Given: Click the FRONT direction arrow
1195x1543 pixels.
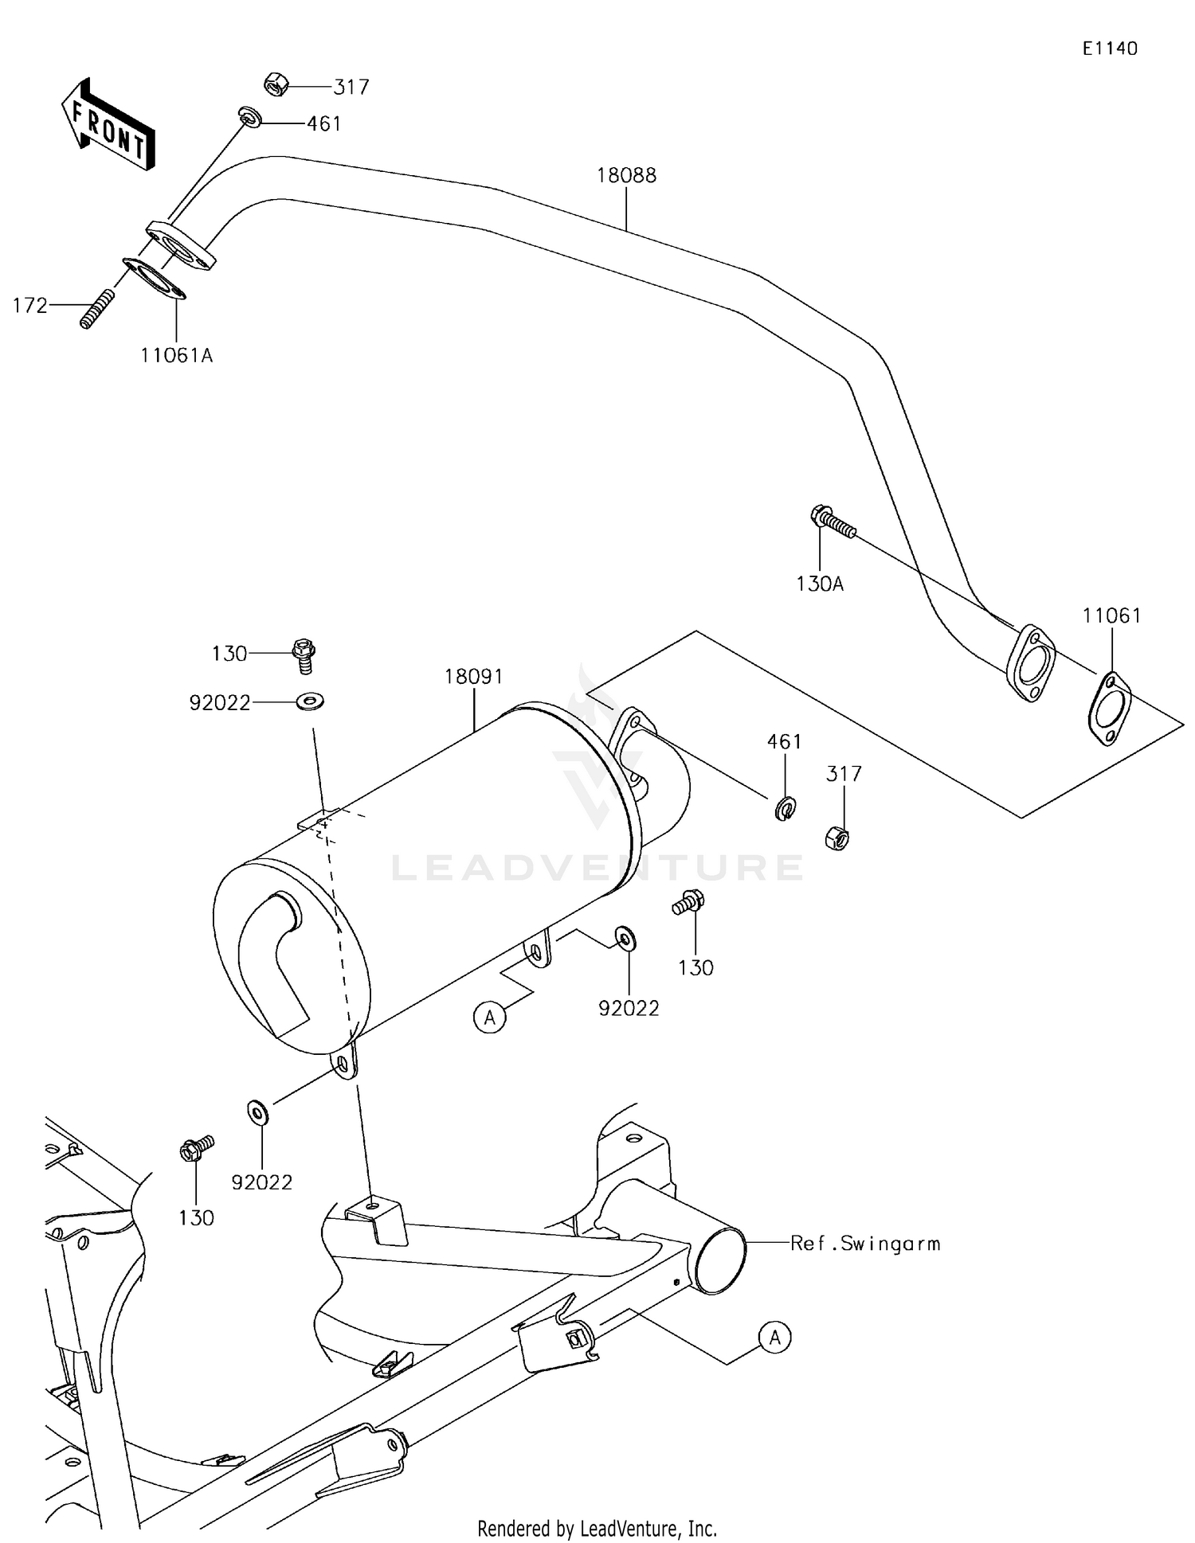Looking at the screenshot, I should (108, 124).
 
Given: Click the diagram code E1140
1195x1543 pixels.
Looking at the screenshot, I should (1109, 49).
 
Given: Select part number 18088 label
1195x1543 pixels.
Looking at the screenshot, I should (626, 175).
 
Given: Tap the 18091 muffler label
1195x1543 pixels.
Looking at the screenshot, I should (473, 677).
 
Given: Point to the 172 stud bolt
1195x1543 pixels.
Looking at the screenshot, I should (96, 309).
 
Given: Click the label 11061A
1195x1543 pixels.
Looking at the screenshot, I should (176, 356).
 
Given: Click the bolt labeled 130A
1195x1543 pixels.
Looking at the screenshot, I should (832, 522).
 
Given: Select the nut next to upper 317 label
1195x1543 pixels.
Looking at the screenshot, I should (275, 84).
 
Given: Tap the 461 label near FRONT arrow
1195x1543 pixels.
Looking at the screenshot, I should (323, 124).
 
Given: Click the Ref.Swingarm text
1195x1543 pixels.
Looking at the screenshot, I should (864, 1244).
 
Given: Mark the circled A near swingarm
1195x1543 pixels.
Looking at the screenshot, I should (774, 1338).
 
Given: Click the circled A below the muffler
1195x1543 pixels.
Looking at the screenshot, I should (489, 1017).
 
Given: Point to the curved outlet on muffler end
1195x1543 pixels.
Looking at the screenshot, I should (275, 955).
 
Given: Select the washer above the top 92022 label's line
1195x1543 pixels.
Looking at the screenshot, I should (310, 701).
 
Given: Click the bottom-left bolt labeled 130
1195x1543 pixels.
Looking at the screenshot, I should (194, 1149).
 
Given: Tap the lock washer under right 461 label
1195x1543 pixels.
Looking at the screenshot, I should (785, 809).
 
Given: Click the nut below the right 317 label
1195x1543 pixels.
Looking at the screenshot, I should (836, 838).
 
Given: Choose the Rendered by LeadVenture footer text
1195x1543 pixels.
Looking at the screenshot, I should (597, 1528).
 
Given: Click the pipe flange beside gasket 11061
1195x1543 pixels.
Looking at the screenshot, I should (1031, 662).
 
